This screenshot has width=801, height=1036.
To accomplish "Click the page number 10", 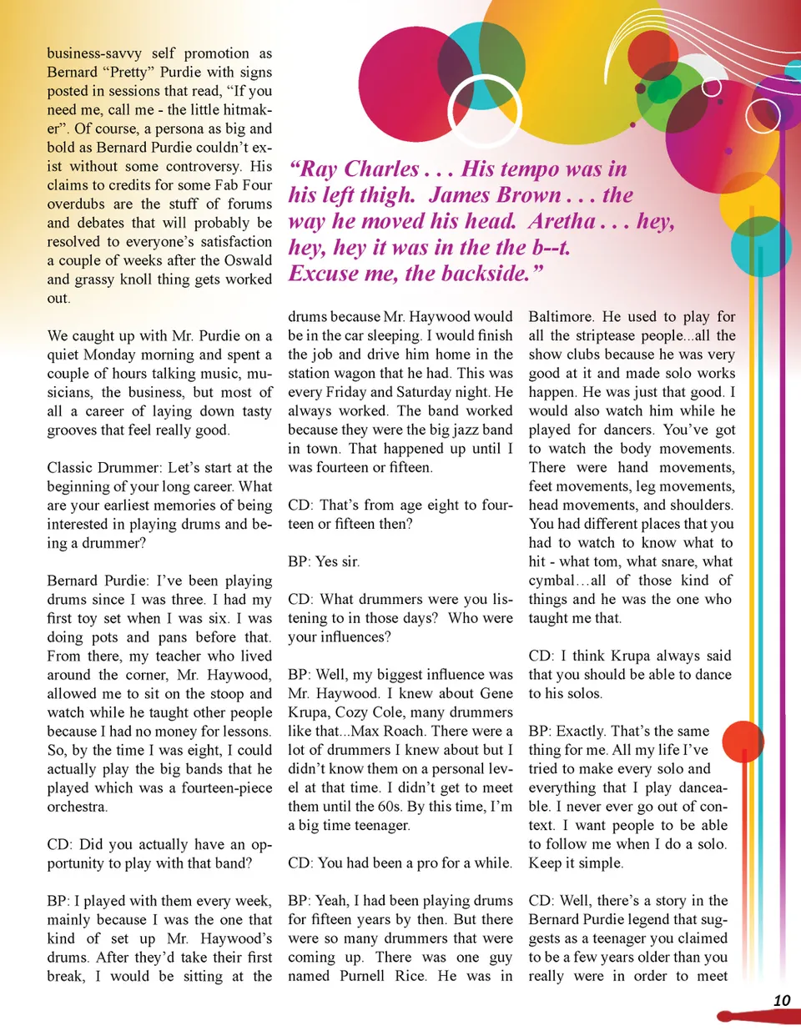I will [x=781, y=1000].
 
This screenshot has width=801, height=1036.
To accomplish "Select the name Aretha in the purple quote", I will [x=562, y=221].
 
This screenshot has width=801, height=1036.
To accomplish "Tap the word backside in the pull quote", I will [x=491, y=274].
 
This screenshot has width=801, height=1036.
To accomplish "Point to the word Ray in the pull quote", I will [x=317, y=169].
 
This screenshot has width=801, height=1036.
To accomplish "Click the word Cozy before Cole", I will [x=375, y=712].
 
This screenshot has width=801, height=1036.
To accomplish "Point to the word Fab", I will [x=229, y=185].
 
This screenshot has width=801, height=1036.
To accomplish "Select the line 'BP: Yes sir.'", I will [x=324, y=561].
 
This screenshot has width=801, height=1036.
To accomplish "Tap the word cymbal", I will [x=552, y=581].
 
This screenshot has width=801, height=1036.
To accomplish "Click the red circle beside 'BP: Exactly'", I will [x=743, y=742].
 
